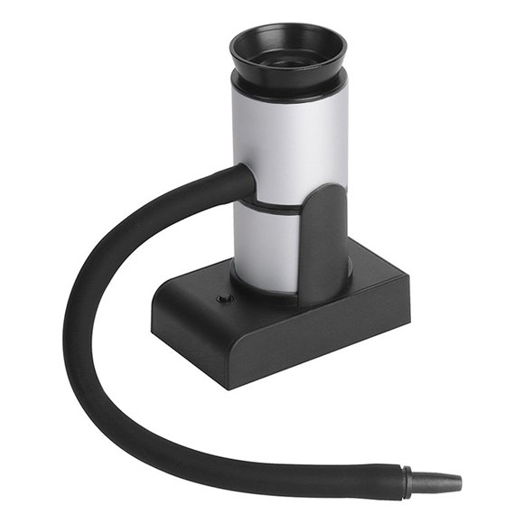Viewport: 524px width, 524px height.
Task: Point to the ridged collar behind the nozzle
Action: click(x=409, y=481)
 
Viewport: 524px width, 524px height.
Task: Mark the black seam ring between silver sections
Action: click(x=271, y=207)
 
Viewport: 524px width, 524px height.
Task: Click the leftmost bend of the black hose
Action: click(x=74, y=334)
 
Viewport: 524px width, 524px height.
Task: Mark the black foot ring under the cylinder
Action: click(x=262, y=280)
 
